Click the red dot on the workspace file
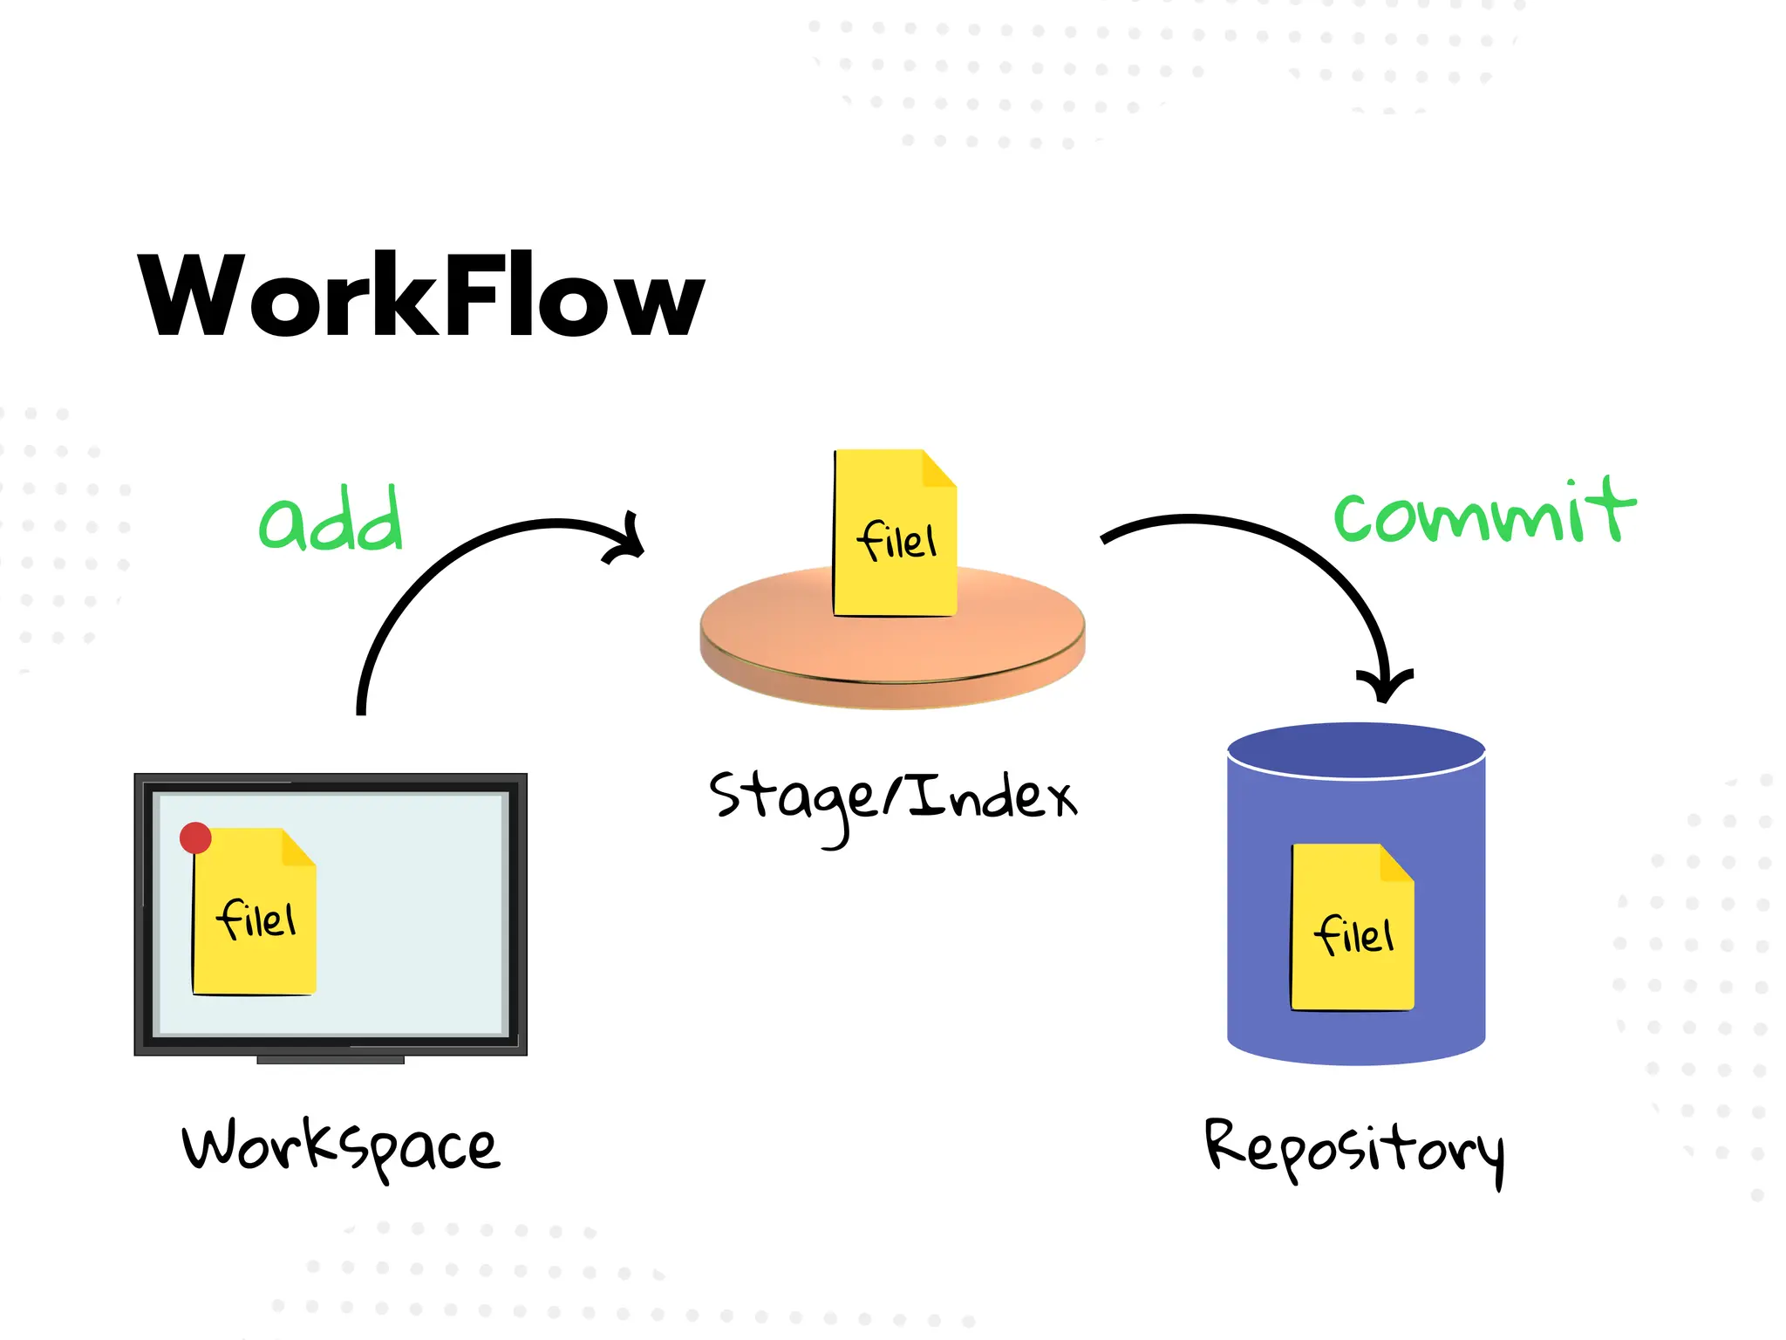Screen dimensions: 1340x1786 195,837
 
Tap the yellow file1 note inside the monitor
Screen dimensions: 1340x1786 255,925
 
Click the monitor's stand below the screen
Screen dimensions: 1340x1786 331,1060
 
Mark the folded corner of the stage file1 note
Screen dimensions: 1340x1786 939,469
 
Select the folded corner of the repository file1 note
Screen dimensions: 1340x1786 1396,864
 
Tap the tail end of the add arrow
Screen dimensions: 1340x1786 361,708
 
